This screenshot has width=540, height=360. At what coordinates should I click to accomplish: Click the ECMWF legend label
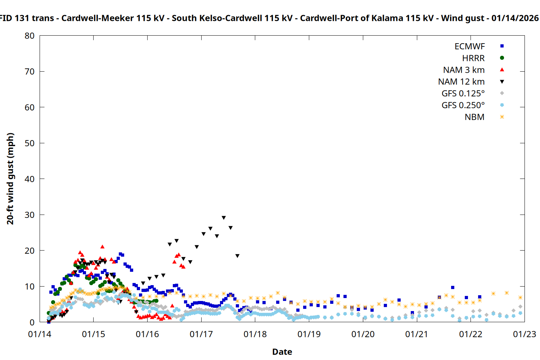pyautogui.click(x=469, y=46)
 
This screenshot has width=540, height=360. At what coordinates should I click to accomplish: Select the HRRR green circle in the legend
pyautogui.click(x=502, y=58)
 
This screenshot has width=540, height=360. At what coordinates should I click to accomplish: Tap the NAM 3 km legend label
pyautogui.click(x=464, y=70)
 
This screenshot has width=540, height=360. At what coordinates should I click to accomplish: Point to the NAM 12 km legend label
pyautogui.click(x=461, y=82)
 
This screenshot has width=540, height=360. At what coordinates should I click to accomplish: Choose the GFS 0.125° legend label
pyautogui.click(x=463, y=94)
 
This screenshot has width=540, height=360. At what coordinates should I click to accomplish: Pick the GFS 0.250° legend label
pyautogui.click(x=463, y=105)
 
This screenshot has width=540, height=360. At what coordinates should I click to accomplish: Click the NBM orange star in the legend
pyautogui.click(x=502, y=117)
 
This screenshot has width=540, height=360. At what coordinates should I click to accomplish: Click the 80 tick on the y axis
pyautogui.click(x=30, y=36)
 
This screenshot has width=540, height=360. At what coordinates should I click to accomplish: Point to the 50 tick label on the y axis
pyautogui.click(x=30, y=143)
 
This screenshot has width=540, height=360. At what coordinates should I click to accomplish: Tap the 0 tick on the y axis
pyautogui.click(x=32, y=323)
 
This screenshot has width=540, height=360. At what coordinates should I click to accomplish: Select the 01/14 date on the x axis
pyautogui.click(x=40, y=334)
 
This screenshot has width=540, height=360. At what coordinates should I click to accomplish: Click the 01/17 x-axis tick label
pyautogui.click(x=201, y=334)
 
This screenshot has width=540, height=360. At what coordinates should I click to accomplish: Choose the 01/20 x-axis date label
pyautogui.click(x=363, y=334)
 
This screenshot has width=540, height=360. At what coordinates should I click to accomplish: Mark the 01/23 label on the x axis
pyautogui.click(x=524, y=334)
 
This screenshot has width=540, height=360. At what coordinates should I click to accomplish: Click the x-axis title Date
pyautogui.click(x=282, y=352)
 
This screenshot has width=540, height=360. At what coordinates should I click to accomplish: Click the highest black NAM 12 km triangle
pyautogui.click(x=224, y=218)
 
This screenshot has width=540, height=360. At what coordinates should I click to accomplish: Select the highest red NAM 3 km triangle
pyautogui.click(x=102, y=247)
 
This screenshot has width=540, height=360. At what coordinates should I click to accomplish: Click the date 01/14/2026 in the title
pyautogui.click(x=515, y=18)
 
